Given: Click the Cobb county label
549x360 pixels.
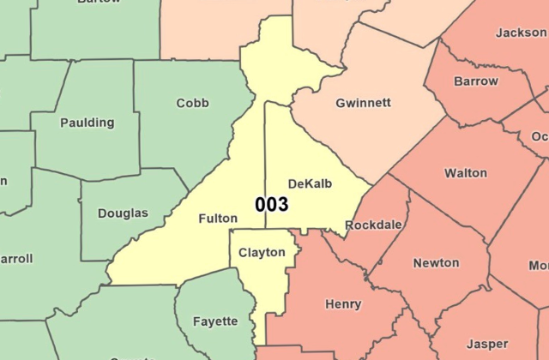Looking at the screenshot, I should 192,104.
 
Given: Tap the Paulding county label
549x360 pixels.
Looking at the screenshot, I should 87,123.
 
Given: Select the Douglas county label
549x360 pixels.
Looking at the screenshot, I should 123,213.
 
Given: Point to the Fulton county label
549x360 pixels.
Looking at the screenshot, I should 218,219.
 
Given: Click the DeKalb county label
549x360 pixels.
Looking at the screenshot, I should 310,184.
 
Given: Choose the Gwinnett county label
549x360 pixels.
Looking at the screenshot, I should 364,103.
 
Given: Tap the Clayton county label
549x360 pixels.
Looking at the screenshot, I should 262,253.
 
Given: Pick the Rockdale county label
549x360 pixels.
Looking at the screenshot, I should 373,225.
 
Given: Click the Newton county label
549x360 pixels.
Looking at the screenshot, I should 436,263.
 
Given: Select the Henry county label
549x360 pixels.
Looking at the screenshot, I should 343,304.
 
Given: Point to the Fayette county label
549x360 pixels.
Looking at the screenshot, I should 215,321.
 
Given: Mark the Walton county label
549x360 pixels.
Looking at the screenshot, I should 466,173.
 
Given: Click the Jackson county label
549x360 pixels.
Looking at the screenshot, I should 521,33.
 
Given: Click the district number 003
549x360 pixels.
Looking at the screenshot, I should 271,205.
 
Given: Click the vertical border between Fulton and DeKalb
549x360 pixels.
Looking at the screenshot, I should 265,154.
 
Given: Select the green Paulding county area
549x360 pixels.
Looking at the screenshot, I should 86,150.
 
